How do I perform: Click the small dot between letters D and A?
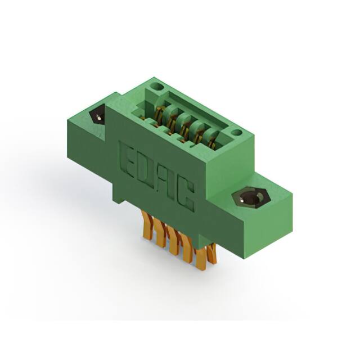156,190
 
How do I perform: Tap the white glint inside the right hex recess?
241,200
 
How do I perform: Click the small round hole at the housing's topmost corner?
158,87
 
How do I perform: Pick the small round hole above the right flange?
236,133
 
